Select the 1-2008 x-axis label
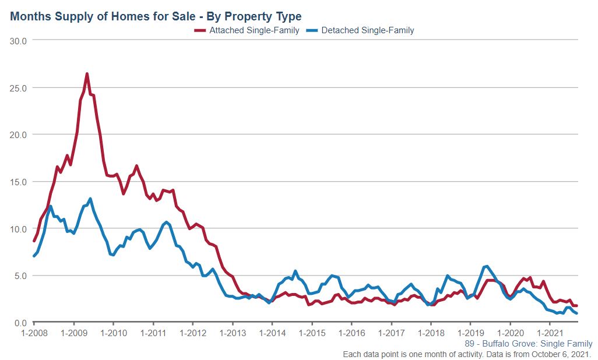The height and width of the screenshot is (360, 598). [x=34, y=334]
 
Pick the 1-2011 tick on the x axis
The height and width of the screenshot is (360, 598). [x=153, y=334]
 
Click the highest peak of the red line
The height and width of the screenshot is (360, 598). [x=87, y=74]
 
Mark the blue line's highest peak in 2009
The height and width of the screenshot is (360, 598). [x=90, y=199]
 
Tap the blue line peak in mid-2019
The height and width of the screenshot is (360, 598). [x=486, y=266]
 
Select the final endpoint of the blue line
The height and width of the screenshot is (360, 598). [x=576, y=313]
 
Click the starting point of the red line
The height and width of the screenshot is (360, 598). [x=34, y=241]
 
